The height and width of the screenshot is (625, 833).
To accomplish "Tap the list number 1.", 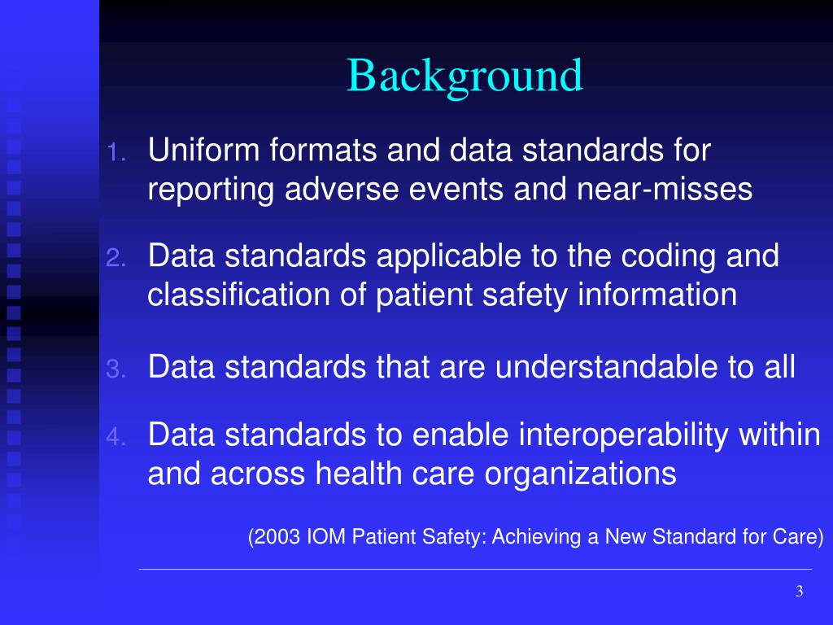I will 116,152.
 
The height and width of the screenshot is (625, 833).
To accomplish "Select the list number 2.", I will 116,259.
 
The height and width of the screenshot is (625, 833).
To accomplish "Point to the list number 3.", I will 116,370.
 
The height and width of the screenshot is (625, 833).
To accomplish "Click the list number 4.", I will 116,438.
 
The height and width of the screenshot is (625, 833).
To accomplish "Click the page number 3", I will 799,592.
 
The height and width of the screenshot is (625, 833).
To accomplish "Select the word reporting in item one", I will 212,190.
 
